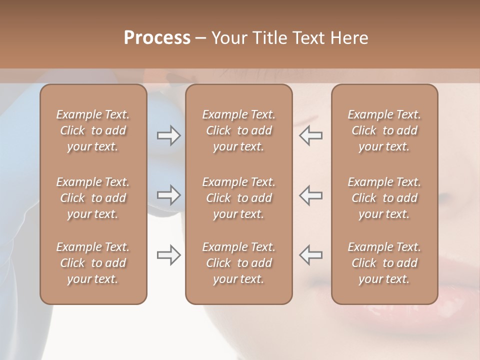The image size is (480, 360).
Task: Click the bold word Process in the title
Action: point(157,38)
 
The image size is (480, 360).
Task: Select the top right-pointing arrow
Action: point(169,135)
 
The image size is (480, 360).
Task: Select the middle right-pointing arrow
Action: point(169,195)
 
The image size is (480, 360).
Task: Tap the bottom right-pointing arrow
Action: point(169,255)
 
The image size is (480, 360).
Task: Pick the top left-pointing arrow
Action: point(310,135)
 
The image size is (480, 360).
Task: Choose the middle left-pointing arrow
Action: point(310,195)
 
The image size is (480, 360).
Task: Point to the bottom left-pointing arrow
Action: point(310,255)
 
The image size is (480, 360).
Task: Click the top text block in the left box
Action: point(93,130)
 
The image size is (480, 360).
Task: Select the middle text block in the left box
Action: point(93,198)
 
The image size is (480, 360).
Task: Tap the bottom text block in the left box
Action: point(93,263)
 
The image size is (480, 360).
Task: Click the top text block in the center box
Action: point(238,130)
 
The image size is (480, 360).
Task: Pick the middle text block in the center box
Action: point(238,198)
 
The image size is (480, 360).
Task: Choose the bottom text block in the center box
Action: point(238,263)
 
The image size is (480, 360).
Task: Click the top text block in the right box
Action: point(384,130)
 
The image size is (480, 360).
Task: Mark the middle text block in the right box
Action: point(384,198)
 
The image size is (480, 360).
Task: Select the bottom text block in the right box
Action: point(384,263)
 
